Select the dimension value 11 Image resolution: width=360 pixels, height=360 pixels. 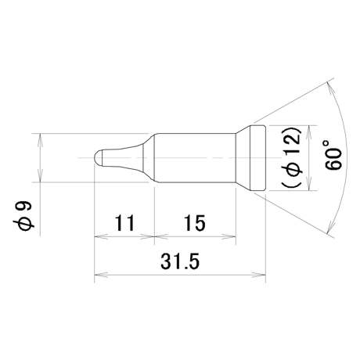tap(124, 223)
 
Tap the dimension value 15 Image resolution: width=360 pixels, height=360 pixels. tap(195, 223)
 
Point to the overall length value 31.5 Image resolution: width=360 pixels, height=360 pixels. tap(180, 261)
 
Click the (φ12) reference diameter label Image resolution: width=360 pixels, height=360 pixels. tap(292, 157)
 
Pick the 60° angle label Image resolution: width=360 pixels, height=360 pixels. tap(333, 155)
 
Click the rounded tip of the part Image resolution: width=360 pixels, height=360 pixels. tap(98, 157)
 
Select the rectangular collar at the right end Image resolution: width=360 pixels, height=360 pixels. tap(257, 158)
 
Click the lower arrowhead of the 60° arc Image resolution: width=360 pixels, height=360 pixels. tap(330, 226)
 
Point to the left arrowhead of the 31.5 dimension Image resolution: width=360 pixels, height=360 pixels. tap(101, 275)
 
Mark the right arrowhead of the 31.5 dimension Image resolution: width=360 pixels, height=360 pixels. tap(259, 275)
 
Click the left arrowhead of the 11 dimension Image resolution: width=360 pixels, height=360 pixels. tap(101, 237)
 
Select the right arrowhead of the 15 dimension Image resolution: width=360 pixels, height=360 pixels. tap(229, 237)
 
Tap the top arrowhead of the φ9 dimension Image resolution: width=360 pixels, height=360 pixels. tap(40, 140)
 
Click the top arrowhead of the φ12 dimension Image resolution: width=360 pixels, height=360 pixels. tap(309, 132)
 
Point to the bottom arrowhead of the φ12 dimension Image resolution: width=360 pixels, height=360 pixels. tap(309, 184)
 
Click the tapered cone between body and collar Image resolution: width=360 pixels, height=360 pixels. tap(243, 158)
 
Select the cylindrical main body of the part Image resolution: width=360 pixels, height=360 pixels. tap(195, 158)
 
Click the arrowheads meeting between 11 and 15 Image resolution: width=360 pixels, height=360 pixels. tap(154, 237)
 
